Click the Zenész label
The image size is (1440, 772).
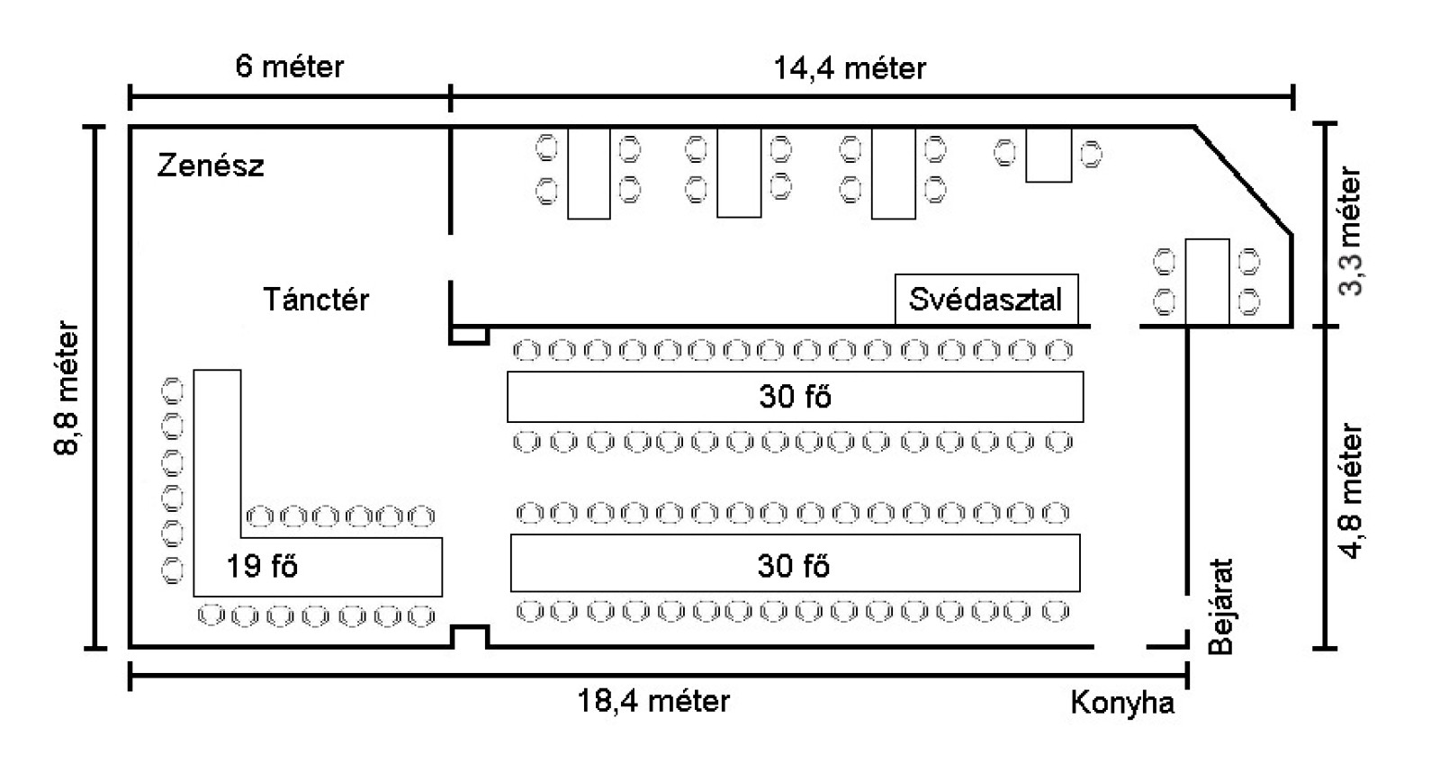[x=211, y=166]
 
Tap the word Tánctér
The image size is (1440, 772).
[x=316, y=299]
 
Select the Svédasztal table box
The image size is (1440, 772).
[x=985, y=299]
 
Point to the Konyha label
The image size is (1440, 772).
[x=1122, y=702]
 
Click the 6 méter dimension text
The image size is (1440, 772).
[x=289, y=66]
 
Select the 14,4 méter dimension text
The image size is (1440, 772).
[x=850, y=67]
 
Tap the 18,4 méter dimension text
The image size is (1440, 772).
[x=653, y=700]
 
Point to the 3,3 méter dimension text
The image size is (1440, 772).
[x=1351, y=230]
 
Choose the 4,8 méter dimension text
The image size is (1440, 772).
[x=1351, y=490]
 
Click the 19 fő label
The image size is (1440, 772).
[x=262, y=566]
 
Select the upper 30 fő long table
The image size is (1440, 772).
[x=794, y=397]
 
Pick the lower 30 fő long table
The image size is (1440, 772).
[x=794, y=564]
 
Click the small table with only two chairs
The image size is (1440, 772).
[x=1048, y=155]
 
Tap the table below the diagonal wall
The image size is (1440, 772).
[x=1206, y=281]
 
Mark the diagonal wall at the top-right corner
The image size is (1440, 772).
[x=1244, y=180]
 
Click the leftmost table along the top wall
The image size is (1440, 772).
[x=589, y=173]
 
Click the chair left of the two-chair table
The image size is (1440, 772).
[x=1005, y=152]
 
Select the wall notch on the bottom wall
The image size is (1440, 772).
[x=469, y=636]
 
